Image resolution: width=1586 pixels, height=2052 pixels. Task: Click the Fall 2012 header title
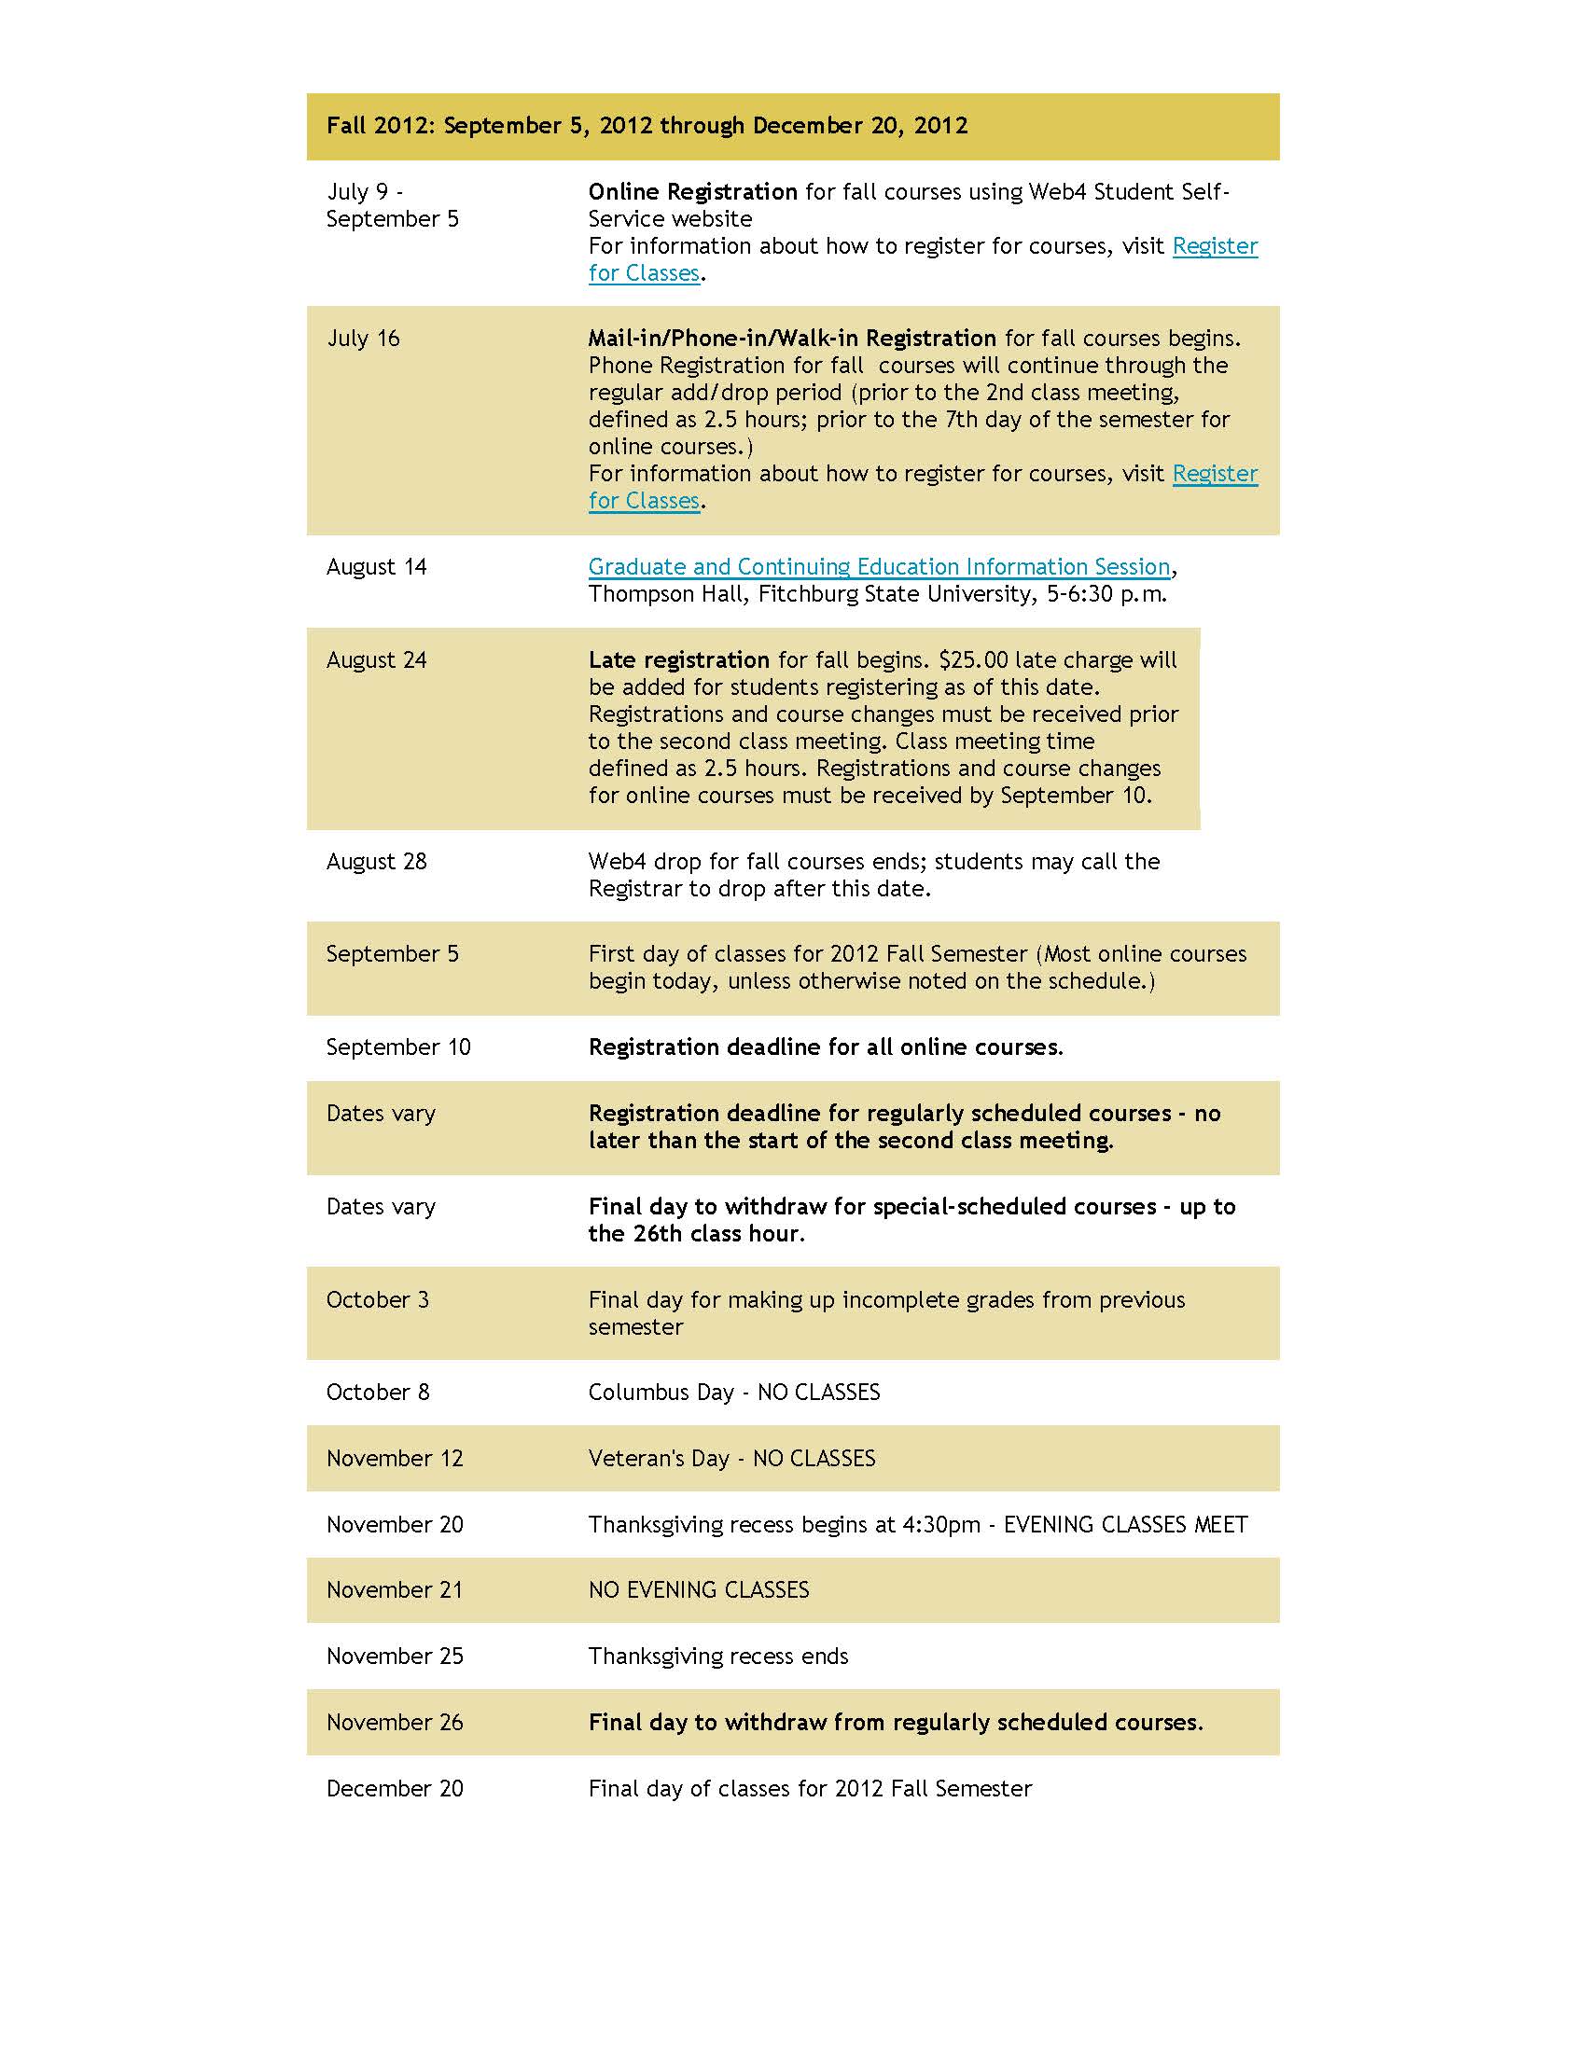(x=647, y=126)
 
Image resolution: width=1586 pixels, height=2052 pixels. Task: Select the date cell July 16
(x=363, y=339)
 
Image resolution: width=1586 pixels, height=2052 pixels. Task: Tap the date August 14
(x=376, y=566)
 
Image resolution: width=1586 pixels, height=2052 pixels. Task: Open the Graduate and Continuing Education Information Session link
(x=879, y=566)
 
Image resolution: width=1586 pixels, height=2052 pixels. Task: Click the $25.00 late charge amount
(x=973, y=659)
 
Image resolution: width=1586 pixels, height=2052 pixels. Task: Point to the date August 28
(x=376, y=861)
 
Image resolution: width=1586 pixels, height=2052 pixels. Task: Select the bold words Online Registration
(x=692, y=191)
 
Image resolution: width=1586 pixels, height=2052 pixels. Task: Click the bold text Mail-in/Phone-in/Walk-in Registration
(x=792, y=339)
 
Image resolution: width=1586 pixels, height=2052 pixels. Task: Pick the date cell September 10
(x=397, y=1047)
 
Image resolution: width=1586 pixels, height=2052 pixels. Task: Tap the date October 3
(x=377, y=1299)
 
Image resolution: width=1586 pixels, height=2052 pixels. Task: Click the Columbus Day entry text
(x=734, y=1392)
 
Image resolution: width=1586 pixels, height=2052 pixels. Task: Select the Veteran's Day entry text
(x=731, y=1458)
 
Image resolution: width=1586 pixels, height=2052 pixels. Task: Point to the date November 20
(x=395, y=1524)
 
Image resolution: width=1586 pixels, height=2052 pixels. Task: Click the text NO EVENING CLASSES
(x=698, y=1589)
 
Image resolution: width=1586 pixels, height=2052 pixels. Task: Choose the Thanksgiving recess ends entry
(x=717, y=1656)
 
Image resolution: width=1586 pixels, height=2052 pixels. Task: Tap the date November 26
(x=395, y=1722)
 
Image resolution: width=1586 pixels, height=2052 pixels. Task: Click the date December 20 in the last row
(x=395, y=1788)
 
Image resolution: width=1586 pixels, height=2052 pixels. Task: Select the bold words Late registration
(x=678, y=659)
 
